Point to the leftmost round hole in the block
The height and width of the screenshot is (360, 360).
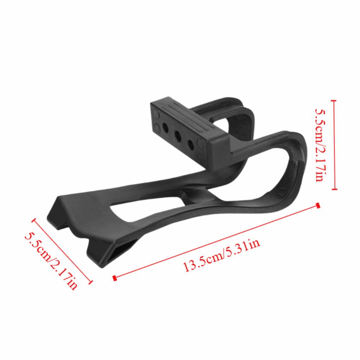coord(165,127)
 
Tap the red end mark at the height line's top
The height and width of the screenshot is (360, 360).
coord(335,102)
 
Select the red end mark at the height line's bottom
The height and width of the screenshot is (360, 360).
coord(335,189)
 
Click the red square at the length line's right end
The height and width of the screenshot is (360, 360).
coord(318,205)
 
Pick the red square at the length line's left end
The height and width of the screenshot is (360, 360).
coord(114,278)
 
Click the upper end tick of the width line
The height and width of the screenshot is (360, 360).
coord(34,219)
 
